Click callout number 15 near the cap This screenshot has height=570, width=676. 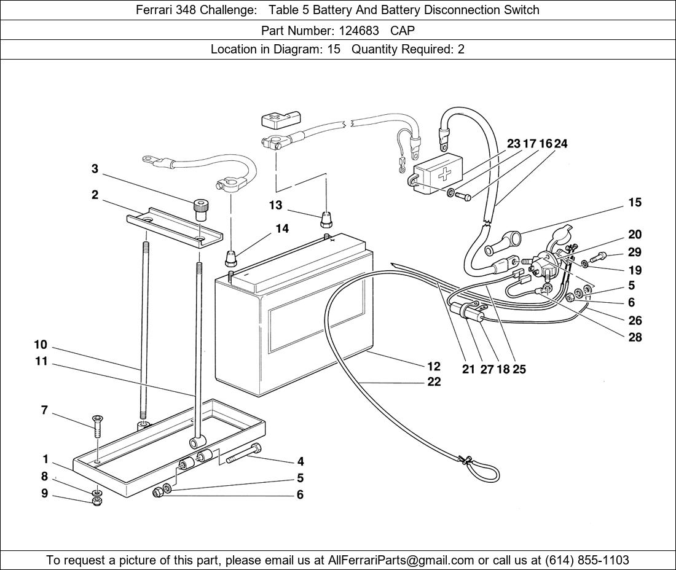[x=635, y=202]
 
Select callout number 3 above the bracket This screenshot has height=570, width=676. [x=95, y=169]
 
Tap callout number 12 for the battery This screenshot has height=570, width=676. [x=434, y=366]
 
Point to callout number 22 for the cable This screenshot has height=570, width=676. [x=434, y=382]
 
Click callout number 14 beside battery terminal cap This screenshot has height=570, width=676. [x=282, y=228]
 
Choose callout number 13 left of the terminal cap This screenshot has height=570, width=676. [x=275, y=205]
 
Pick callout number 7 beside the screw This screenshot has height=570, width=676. [x=44, y=410]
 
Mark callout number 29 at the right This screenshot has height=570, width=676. [x=635, y=252]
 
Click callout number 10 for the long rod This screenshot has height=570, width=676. [x=41, y=345]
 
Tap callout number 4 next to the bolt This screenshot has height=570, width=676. [x=301, y=461]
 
